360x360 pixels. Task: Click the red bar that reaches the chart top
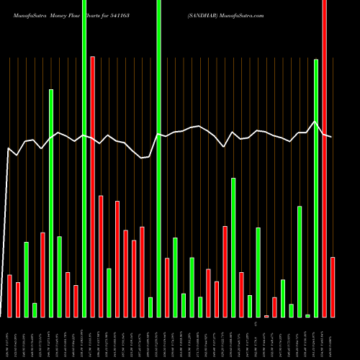tap(324, 158)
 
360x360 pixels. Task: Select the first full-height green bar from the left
tap(84, 158)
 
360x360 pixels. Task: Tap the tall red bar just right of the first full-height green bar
tap(92, 186)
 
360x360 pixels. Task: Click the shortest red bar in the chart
tap(266, 316)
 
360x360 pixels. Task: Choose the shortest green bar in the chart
tap(307, 315)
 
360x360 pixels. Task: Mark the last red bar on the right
tap(333, 287)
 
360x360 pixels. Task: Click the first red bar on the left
tap(9, 296)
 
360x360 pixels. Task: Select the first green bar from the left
tap(26, 279)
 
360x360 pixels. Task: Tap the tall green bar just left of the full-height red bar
tap(316, 188)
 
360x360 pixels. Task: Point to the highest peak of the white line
tap(315, 122)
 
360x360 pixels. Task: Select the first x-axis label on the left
tap(9, 338)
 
